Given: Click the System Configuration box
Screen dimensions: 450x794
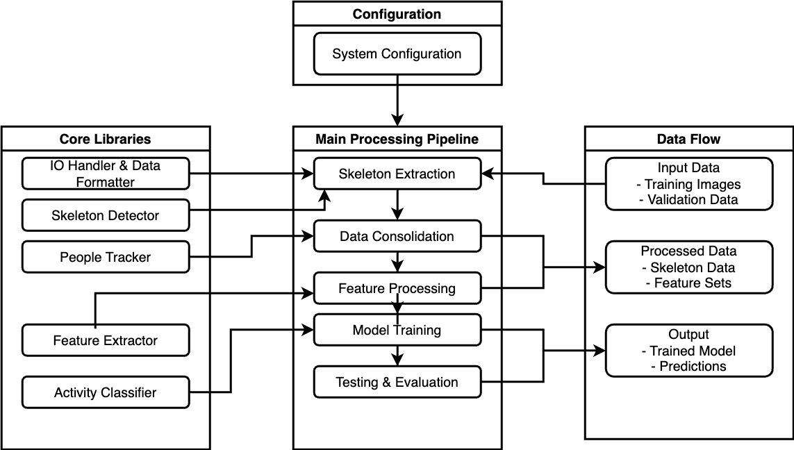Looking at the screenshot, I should click(397, 54).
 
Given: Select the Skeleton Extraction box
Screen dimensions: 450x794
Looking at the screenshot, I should click(397, 174).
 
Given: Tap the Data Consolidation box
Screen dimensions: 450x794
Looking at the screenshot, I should click(397, 236).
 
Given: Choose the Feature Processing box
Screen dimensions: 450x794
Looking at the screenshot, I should click(397, 288).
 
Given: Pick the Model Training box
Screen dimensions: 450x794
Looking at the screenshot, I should click(397, 330).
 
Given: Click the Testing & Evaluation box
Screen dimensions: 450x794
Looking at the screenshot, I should click(397, 382).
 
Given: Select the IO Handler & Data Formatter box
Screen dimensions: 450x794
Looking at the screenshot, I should click(106, 174).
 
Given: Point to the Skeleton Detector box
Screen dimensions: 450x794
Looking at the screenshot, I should click(106, 215).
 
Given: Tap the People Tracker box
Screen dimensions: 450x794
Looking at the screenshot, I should click(106, 257).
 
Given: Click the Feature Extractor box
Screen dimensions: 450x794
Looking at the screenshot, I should click(106, 340).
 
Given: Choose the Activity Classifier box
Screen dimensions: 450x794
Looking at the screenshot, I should click(106, 392).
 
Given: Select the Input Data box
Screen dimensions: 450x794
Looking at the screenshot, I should click(688, 184).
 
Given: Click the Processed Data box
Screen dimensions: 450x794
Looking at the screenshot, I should click(688, 267).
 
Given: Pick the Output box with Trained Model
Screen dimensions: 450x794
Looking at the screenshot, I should click(688, 351).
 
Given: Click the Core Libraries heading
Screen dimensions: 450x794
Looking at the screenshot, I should click(106, 139).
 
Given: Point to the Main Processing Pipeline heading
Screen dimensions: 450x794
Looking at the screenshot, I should click(397, 139).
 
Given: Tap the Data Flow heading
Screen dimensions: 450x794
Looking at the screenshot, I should click(688, 139).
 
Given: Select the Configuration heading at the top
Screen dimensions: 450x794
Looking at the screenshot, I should click(397, 14).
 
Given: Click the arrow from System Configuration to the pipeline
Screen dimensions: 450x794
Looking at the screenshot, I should click(397, 100).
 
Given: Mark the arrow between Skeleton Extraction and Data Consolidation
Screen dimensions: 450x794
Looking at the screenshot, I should click(397, 204).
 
